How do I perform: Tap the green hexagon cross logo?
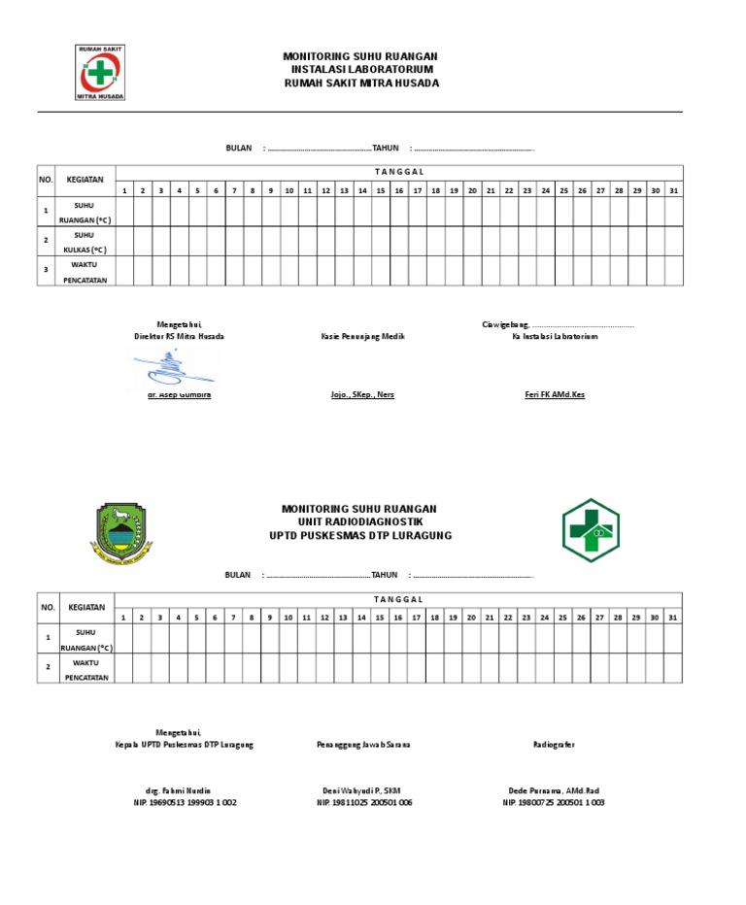[x=591, y=531]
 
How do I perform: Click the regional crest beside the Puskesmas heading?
[x=121, y=534]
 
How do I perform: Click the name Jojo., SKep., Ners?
[x=362, y=395]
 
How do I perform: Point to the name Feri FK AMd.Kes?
[x=555, y=395]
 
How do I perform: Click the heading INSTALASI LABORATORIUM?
[x=361, y=70]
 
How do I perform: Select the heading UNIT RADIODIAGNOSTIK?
[x=359, y=522]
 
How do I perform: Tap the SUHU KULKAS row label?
[x=85, y=242]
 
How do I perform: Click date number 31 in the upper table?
[x=673, y=190]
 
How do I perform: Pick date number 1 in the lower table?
[x=123, y=618]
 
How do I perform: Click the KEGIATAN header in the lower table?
[x=86, y=607]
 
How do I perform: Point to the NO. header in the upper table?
[x=46, y=180]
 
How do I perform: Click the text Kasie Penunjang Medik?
[x=362, y=336]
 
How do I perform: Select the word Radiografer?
[x=554, y=745]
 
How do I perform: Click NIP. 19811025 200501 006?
[x=364, y=803]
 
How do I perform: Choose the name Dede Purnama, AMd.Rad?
[x=554, y=791]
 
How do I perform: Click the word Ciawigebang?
[x=505, y=324]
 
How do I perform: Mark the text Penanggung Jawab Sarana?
[x=363, y=745]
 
